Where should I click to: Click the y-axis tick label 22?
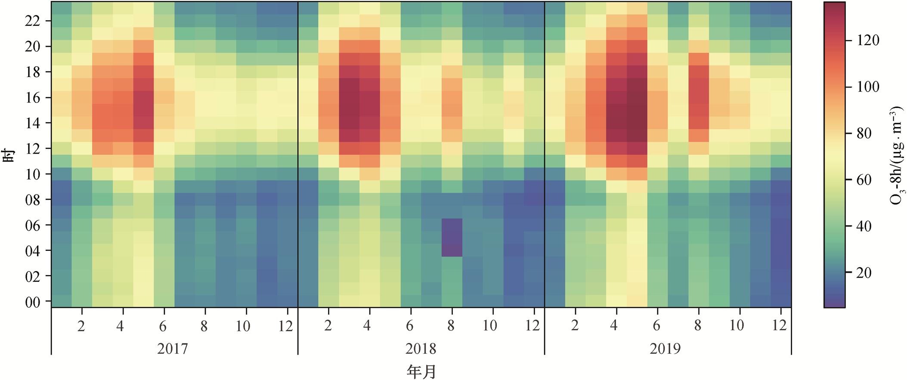point(33,21)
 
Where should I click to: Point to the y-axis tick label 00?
point(33,302)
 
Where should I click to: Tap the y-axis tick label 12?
point(33,149)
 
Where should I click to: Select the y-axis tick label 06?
point(33,226)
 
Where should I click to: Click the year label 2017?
point(172,349)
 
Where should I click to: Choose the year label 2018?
point(421,349)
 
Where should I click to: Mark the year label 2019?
point(665,349)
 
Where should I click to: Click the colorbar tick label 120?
point(868,41)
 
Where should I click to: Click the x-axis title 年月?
point(421,371)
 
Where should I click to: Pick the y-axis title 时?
point(9,154)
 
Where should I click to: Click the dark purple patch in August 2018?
point(452,238)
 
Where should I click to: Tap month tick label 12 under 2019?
point(779,326)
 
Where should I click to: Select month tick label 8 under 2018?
point(451,326)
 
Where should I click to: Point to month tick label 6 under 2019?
point(656,326)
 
